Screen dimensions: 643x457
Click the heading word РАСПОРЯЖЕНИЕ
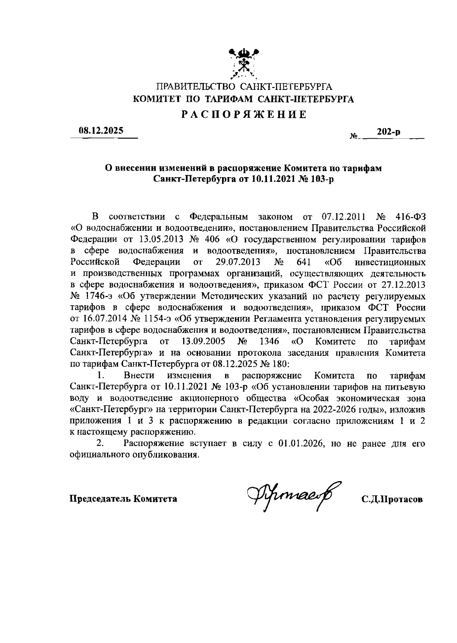tap(244, 115)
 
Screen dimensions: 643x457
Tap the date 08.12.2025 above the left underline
tap(101, 131)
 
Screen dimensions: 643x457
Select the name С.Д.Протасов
tap(392, 499)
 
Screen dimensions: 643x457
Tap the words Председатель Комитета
tap(123, 499)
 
